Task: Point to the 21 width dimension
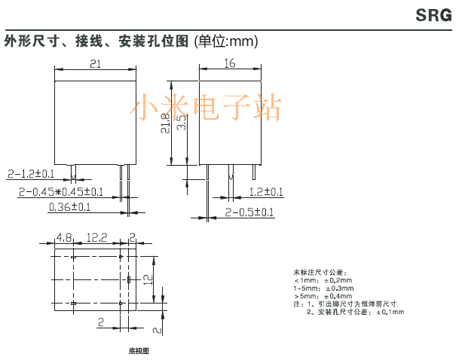(x=95, y=65)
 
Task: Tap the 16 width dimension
(x=230, y=65)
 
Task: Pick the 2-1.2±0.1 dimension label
(x=35, y=174)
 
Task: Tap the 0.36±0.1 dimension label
(x=69, y=206)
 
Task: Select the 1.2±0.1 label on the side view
(x=266, y=192)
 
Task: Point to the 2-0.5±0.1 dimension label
(x=249, y=212)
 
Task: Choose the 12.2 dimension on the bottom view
(x=96, y=238)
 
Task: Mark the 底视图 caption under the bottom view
(x=139, y=350)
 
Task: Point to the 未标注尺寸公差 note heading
(x=320, y=272)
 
